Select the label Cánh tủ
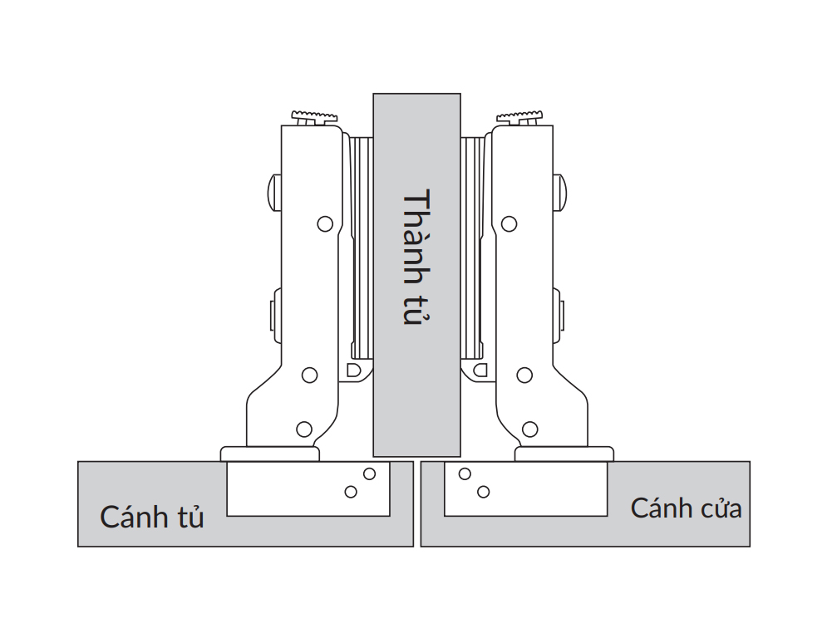[x=152, y=517]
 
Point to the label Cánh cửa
[x=686, y=508]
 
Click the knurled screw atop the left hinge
[x=313, y=116]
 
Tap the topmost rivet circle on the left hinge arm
[x=325, y=223]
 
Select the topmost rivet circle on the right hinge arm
[x=508, y=223]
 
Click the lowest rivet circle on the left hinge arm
[x=304, y=429]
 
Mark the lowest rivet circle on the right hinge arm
[x=529, y=429]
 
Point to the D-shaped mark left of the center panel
[x=353, y=368]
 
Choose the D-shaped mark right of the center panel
[x=480, y=368]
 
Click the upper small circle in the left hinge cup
[x=369, y=474]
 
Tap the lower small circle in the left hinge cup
[x=352, y=492]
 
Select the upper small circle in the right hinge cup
[x=465, y=474]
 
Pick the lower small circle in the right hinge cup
[x=482, y=492]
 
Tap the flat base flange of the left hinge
[x=270, y=454]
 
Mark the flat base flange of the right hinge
[x=564, y=454]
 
